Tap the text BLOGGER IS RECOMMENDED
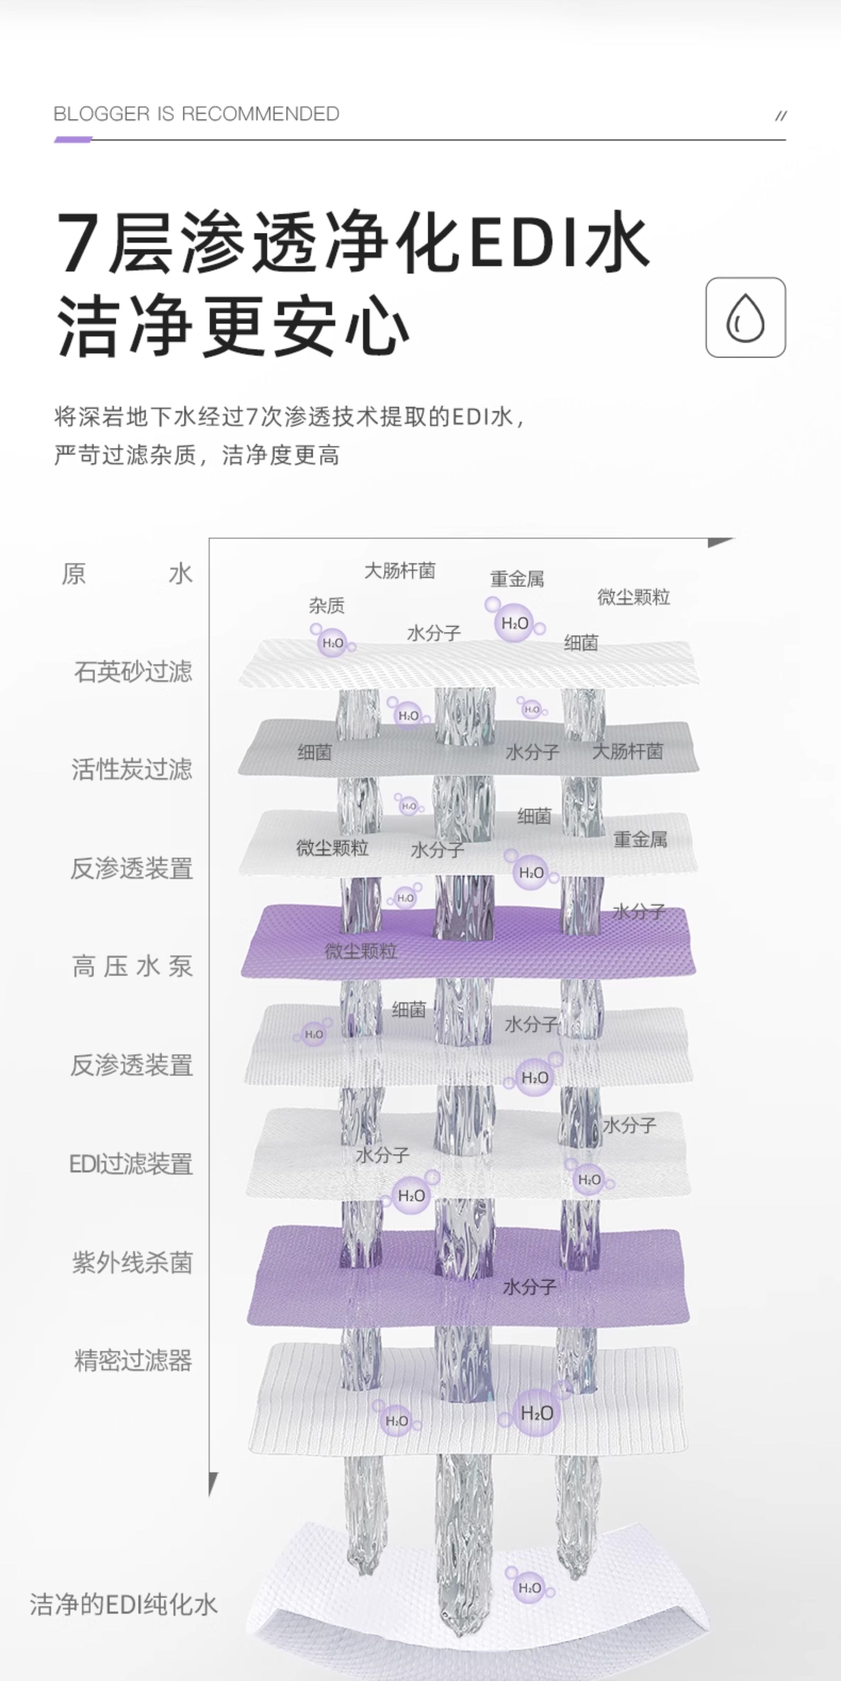[x=196, y=114]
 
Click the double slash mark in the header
[x=780, y=116]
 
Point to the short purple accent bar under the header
[x=73, y=139]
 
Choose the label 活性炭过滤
[x=132, y=769]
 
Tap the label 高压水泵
[x=132, y=967]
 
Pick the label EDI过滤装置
[x=131, y=1163]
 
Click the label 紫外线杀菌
[x=132, y=1263]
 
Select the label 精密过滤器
[x=133, y=1361]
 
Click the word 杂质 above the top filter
[x=327, y=606]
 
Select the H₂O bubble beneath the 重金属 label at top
[x=514, y=623]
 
